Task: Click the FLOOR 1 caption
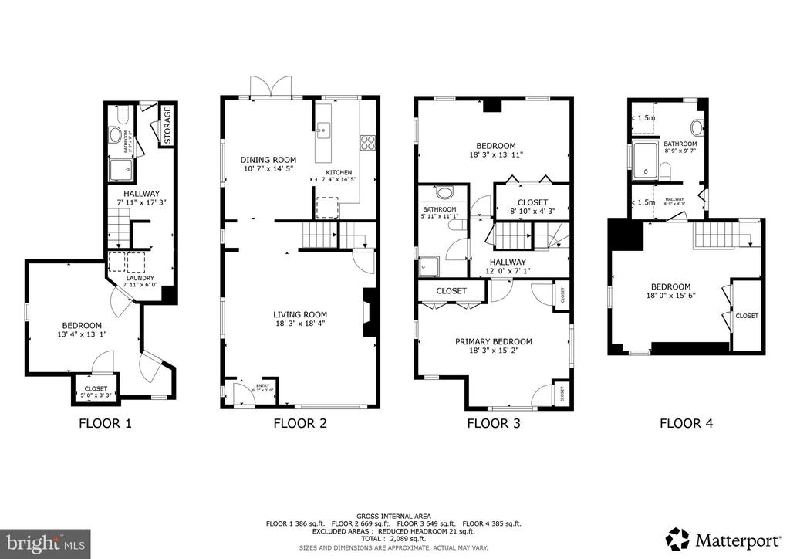tap(106, 423)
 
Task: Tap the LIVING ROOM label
tap(300, 314)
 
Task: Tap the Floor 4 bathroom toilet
tap(697, 127)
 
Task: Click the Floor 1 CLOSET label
tap(96, 389)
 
